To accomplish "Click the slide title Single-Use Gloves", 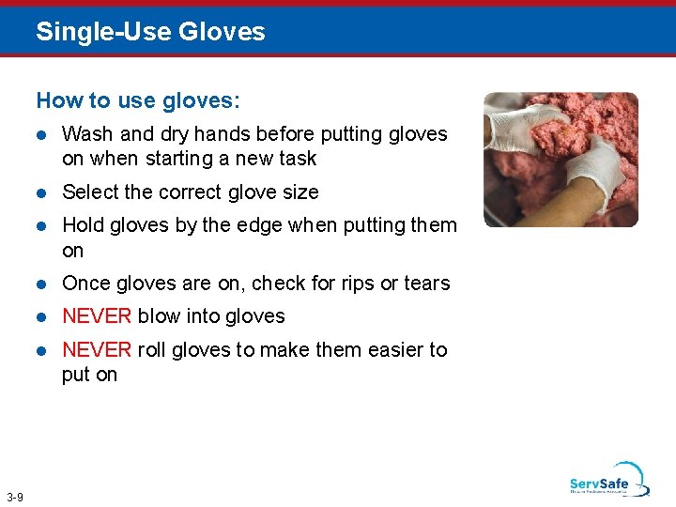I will coord(150,32).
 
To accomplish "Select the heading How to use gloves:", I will coord(138,100).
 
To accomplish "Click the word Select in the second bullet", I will coord(90,192).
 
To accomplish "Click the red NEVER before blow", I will coord(97,316).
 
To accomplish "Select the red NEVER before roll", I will coord(97,350).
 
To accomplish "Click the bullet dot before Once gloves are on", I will coord(41,284).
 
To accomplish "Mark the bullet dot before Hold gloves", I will coord(41,226).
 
